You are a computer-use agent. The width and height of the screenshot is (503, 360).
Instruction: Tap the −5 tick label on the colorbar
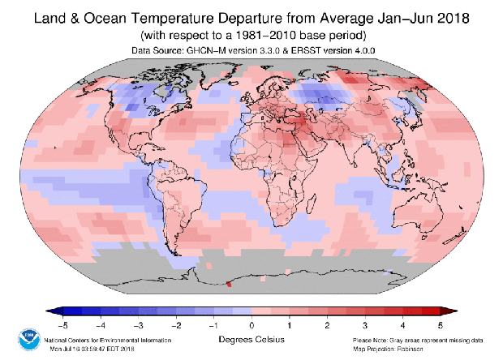point(63,324)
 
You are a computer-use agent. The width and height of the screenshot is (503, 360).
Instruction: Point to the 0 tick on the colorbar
point(251,324)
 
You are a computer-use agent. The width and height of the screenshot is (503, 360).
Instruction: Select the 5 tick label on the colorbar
point(440,324)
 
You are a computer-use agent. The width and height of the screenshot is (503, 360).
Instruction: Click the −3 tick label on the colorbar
point(139,324)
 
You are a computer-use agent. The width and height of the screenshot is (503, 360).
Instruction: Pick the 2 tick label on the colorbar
point(327,324)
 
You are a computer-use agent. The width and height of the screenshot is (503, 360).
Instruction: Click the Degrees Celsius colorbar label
point(251,339)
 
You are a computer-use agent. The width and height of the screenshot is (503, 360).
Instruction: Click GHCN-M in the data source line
point(207,50)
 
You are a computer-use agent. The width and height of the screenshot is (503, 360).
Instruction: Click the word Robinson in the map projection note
point(422,349)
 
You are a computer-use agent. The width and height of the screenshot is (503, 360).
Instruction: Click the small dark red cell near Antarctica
point(229,284)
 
